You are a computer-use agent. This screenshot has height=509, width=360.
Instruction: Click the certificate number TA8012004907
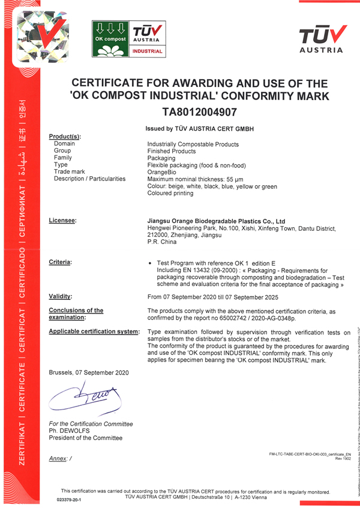point(200,111)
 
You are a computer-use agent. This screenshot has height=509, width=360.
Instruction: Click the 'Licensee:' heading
point(62,221)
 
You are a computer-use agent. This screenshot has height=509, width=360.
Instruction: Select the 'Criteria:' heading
point(61,263)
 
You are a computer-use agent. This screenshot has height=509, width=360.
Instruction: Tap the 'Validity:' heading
point(61,296)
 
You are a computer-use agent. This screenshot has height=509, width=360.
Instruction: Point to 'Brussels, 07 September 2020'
point(89,372)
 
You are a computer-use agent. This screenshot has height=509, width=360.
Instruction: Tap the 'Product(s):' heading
point(64,137)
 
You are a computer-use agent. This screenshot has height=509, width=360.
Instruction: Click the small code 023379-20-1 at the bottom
point(68,499)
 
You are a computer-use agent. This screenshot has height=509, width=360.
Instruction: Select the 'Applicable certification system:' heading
point(94,332)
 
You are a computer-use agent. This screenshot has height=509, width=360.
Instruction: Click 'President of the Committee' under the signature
point(85,438)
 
